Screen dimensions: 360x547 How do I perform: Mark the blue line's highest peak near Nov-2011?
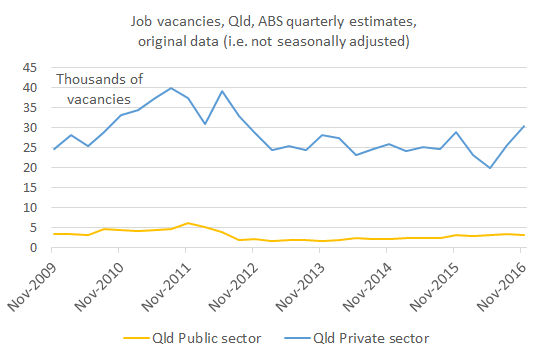click(171, 88)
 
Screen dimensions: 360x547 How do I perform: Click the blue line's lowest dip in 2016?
click(490, 168)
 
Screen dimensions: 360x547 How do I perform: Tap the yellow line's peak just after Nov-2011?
click(187, 223)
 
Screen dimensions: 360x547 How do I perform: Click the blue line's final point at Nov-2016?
click(523, 126)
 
